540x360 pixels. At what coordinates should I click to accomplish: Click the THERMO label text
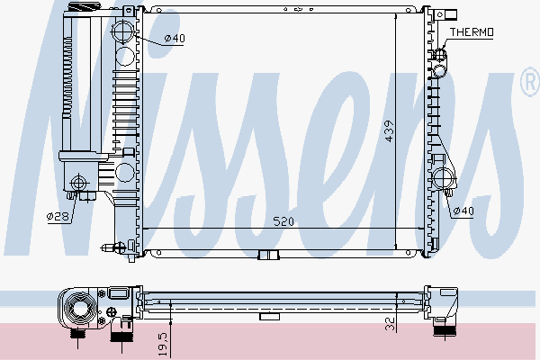click(472, 32)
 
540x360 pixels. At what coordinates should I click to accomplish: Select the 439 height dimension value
click(389, 130)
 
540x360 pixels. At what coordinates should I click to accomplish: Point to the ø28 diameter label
click(58, 216)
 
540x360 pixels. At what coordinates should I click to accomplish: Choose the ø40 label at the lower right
click(463, 211)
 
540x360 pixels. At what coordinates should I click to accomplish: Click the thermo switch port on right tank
click(440, 65)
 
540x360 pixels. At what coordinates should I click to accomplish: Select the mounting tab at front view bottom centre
click(267, 255)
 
